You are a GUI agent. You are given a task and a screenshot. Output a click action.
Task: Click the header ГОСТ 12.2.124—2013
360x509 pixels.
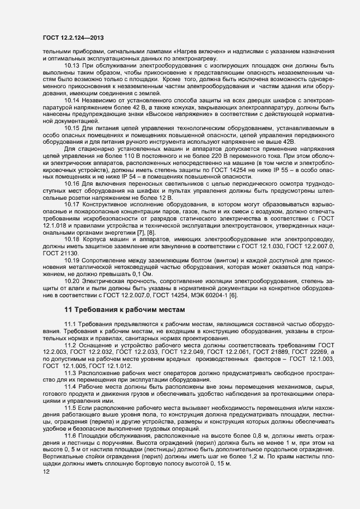(x=72, y=38)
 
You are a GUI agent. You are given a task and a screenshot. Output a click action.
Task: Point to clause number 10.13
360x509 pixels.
(x=73, y=65)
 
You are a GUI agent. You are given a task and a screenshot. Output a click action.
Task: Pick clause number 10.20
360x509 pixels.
(x=73, y=281)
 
